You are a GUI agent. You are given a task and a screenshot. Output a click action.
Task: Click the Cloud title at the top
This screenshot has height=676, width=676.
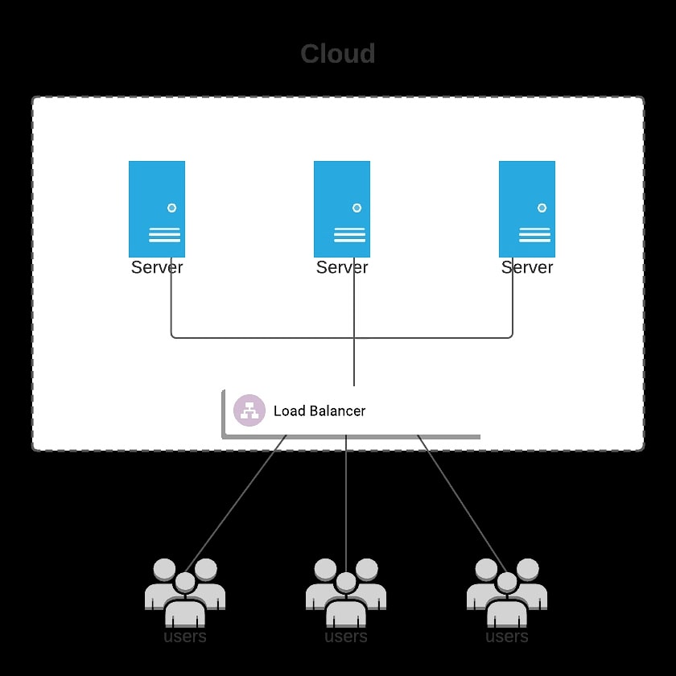pos(338,54)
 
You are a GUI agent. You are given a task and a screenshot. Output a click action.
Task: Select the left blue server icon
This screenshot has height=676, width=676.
pos(157,208)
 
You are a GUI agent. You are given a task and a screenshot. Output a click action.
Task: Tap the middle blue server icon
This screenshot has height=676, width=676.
pos(342,208)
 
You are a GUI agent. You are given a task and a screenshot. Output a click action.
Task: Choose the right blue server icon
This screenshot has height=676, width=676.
pos(527,208)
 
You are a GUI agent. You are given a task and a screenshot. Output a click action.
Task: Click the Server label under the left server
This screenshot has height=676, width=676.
pos(157,267)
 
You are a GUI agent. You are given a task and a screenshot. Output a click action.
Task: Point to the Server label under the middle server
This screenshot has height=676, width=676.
pos(342,267)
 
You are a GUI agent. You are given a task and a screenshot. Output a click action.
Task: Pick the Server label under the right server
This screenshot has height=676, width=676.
pos(527,267)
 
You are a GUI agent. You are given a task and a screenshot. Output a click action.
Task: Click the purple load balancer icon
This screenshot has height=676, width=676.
pos(249,410)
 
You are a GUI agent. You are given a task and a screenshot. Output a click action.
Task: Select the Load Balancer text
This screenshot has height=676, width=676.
pos(319,411)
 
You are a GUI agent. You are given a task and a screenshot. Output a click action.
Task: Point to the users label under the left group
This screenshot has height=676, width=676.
pos(185,637)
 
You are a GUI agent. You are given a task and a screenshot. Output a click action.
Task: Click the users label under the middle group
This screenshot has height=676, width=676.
pos(346,637)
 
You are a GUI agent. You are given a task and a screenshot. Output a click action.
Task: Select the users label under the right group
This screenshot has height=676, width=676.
pos(507,637)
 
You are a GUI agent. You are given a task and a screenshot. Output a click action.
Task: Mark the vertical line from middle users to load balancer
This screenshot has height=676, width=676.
pos(346,499)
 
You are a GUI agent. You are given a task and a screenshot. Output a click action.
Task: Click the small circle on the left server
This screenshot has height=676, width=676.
pos(171,208)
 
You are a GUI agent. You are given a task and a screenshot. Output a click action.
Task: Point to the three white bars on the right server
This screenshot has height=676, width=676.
pos(534,234)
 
